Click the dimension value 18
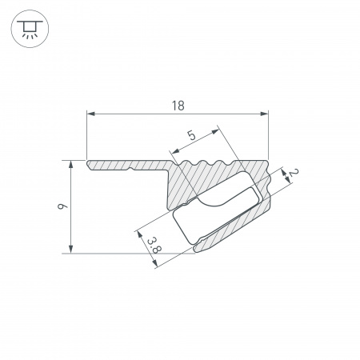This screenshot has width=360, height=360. tap(178, 104)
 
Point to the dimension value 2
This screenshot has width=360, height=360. tap(293, 174)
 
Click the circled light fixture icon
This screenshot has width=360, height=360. tap(29, 29)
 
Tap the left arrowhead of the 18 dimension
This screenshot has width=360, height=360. tap(90, 112)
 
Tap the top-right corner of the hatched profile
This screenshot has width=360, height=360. tap(266, 162)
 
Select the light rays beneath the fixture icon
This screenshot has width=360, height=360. tap(29, 36)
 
